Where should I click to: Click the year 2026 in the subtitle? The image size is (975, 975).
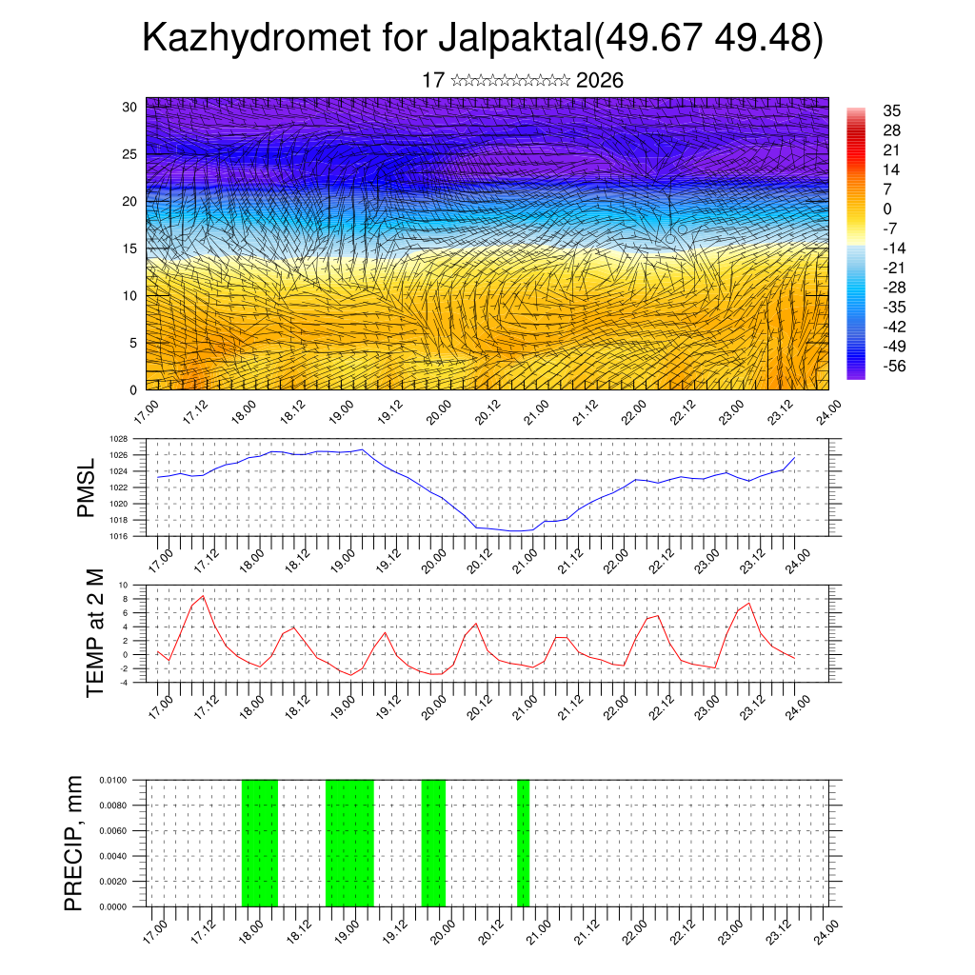pyautogui.click(x=600, y=80)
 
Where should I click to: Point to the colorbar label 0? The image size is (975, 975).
pyautogui.click(x=887, y=209)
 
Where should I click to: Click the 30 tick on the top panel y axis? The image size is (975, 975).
pyautogui.click(x=129, y=107)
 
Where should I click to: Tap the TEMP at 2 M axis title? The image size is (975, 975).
pyautogui.click(x=94, y=632)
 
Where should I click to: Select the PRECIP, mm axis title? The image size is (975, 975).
pyautogui.click(x=74, y=843)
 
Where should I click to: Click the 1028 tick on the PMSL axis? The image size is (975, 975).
pyautogui.click(x=119, y=439)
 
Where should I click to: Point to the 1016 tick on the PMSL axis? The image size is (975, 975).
pyautogui.click(x=119, y=536)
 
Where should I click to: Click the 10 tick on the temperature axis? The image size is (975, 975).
pyautogui.click(x=124, y=585)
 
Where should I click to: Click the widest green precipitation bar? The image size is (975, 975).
pyautogui.click(x=349, y=843)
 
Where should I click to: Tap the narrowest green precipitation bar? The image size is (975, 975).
pyautogui.click(x=523, y=843)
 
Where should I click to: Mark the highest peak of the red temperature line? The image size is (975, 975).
pyautogui.click(x=203, y=596)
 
